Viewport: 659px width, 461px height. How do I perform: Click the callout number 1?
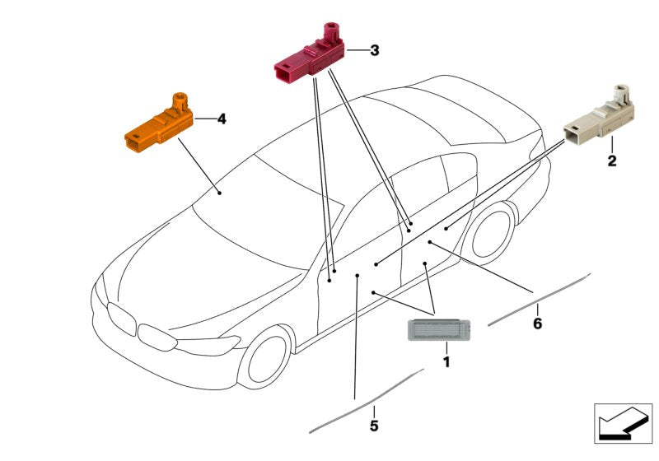(x=446, y=361)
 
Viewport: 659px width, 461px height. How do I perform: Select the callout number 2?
(x=612, y=161)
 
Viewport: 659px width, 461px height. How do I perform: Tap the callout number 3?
(x=374, y=51)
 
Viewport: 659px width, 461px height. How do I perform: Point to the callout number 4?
(x=221, y=119)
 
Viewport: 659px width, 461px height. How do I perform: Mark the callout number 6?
(x=537, y=324)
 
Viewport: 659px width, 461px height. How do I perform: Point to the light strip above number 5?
(x=367, y=401)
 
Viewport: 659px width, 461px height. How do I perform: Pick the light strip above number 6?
(x=540, y=298)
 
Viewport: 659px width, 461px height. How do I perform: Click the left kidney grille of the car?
(x=120, y=317)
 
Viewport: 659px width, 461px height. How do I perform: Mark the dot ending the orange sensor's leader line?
(x=219, y=192)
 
